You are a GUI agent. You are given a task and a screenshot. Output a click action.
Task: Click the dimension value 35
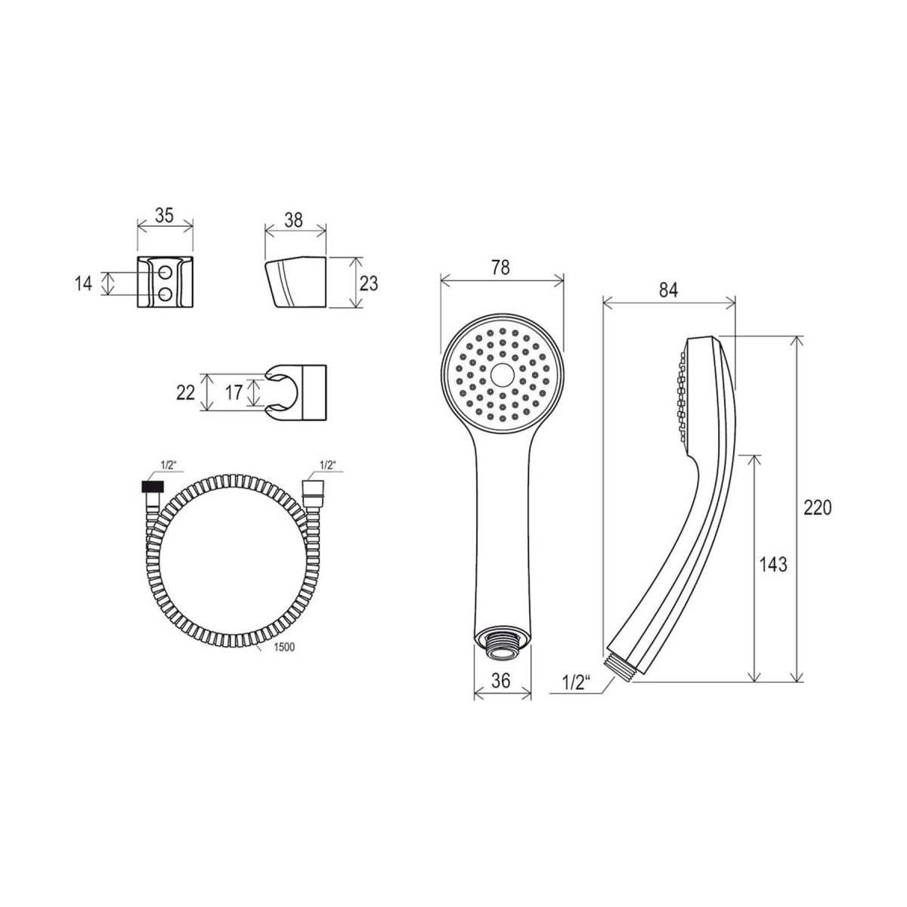tap(165, 215)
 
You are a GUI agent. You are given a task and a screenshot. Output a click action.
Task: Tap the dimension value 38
tap(294, 220)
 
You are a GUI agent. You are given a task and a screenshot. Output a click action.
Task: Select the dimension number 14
tap(83, 284)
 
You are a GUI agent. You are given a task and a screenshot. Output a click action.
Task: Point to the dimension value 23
tap(369, 283)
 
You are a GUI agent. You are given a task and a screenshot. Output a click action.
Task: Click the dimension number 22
tap(185, 392)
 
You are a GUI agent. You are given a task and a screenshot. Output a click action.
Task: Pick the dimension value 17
tap(234, 392)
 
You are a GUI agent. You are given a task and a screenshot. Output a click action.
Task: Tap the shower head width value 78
tap(500, 268)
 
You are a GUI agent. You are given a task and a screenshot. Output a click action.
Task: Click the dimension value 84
tap(668, 290)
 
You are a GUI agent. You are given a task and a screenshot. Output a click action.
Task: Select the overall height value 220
tap(818, 508)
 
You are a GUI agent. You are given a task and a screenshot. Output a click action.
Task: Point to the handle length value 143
tap(773, 565)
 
